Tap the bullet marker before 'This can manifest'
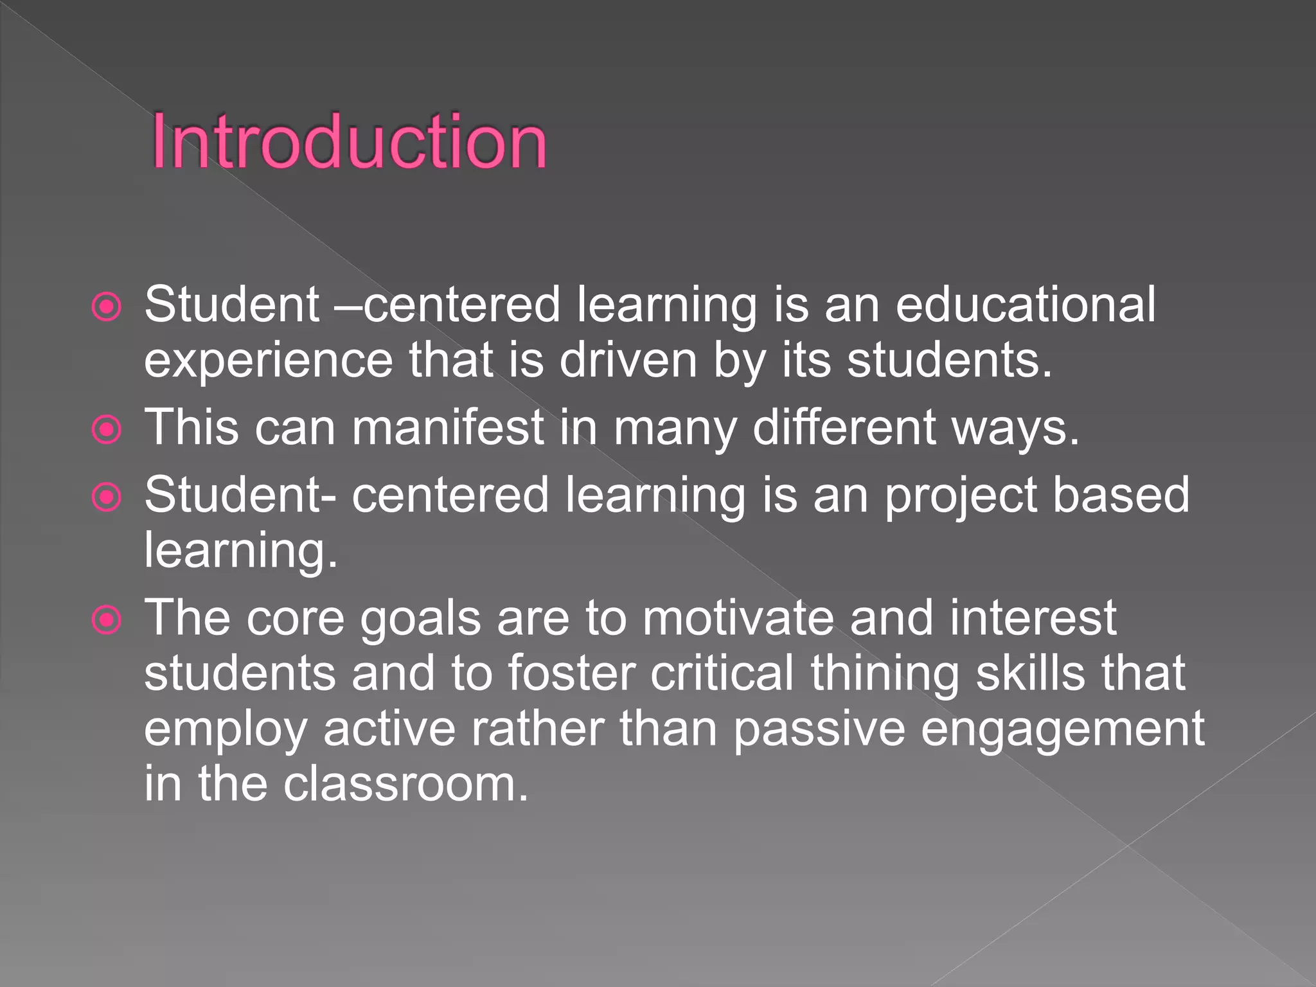(107, 429)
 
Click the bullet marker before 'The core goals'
(107, 620)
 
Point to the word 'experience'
(268, 361)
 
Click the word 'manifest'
(448, 427)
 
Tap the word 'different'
(844, 427)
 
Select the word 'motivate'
(738, 618)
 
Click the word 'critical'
(722, 673)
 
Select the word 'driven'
(628, 360)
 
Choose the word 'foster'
(571, 673)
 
